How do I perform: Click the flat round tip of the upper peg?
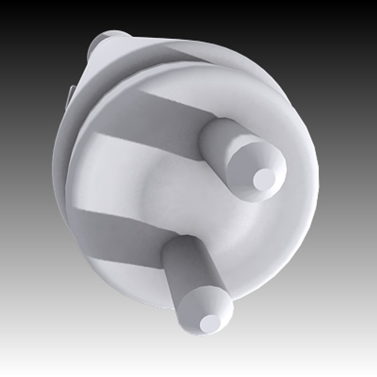click(x=264, y=179)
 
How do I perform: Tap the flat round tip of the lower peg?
click(x=210, y=323)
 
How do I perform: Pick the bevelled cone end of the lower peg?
click(x=195, y=307)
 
